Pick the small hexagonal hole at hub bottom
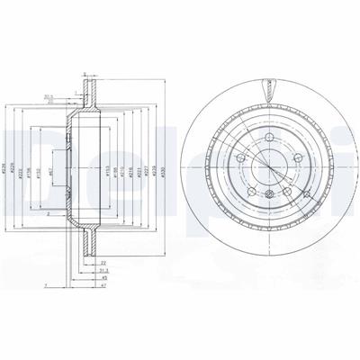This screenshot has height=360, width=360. point(266,192)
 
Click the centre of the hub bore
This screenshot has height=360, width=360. point(266,166)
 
